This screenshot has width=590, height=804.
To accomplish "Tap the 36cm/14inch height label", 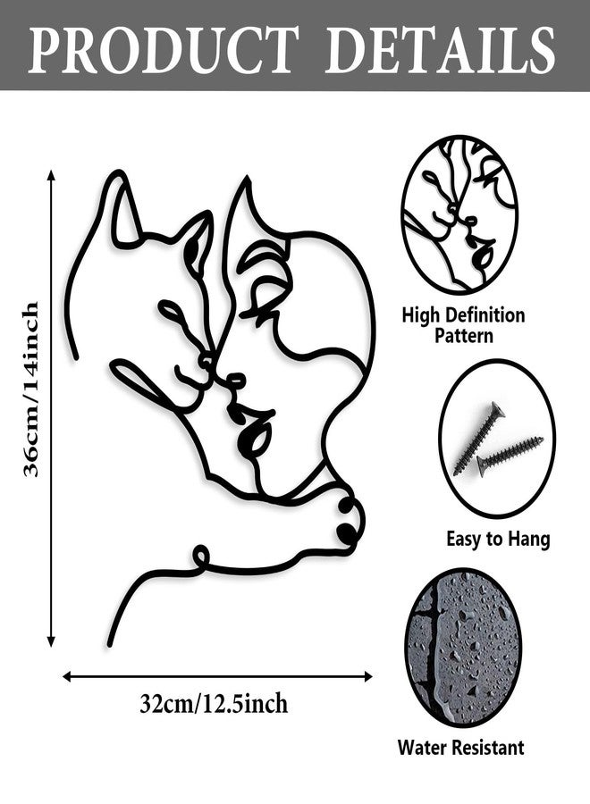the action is [x=30, y=389].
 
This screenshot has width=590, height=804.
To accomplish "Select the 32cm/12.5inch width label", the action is [x=214, y=704].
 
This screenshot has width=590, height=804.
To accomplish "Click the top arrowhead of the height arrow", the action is [x=51, y=175].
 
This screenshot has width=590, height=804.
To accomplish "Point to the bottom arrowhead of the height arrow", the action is [x=51, y=641].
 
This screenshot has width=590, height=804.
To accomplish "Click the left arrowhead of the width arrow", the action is [x=67, y=677].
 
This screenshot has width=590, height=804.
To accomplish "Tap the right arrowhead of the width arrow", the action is [x=367, y=677].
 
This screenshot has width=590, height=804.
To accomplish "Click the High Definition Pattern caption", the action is [x=463, y=325].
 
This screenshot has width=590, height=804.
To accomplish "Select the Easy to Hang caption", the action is [x=498, y=539].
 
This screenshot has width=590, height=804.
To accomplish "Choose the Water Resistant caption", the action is [x=460, y=747].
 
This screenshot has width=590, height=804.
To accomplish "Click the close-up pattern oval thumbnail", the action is [x=459, y=214].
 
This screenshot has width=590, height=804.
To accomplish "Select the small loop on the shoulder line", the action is [x=201, y=556].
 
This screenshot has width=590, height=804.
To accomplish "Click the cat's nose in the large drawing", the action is [x=206, y=362].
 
